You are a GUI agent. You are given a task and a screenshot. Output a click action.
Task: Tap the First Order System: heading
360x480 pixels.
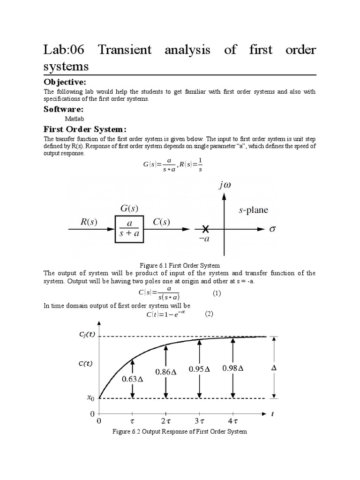pos(85,129)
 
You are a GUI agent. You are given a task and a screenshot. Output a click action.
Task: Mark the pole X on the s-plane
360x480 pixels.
pos(205,229)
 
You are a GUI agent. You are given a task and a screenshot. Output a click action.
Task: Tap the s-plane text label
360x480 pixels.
pos(253,210)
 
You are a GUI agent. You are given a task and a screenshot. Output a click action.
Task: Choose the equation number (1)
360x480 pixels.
pos(216,293)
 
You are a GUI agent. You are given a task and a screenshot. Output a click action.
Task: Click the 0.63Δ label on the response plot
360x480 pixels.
pos(133,379)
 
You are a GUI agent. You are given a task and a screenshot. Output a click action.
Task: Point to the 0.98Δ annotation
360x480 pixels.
pos(233,368)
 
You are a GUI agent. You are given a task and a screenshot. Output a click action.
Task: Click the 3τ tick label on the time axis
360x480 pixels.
pos(199,421)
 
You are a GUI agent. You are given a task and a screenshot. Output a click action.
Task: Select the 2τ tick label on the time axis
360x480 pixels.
pos(165,421)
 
